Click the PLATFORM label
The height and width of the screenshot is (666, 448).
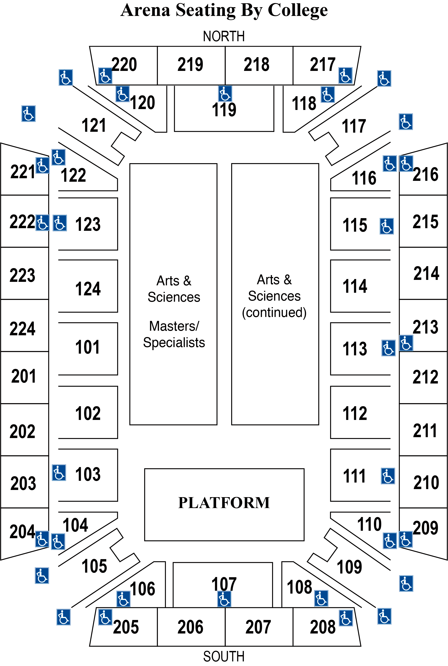click(224, 503)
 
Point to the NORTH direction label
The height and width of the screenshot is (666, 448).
click(224, 36)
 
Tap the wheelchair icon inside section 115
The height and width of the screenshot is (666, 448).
click(387, 226)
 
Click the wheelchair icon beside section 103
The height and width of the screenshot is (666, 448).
click(59, 473)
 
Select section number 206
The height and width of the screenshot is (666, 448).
click(190, 627)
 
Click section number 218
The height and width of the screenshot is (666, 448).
click(256, 64)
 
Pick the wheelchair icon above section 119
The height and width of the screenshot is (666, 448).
click(225, 94)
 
